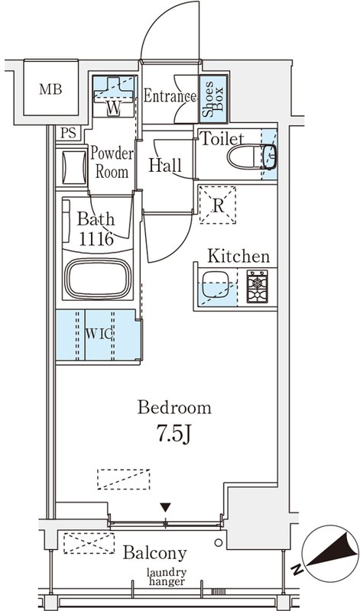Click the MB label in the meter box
coord(50,89)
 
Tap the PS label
coord(68,133)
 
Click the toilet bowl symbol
coord(251,157)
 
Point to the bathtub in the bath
coord(98,278)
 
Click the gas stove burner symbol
coord(257,286)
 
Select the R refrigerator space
coord(218,205)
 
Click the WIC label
coord(99,334)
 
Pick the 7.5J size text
coord(174,433)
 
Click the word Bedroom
coord(174,408)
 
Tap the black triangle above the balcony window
coord(166,507)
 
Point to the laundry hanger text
coord(167,577)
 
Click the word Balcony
coord(155,552)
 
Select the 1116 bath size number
coord(96,238)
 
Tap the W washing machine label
coord(113,109)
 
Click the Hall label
coord(165,165)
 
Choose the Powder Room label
coord(112,163)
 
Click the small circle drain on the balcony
coord(218,542)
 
